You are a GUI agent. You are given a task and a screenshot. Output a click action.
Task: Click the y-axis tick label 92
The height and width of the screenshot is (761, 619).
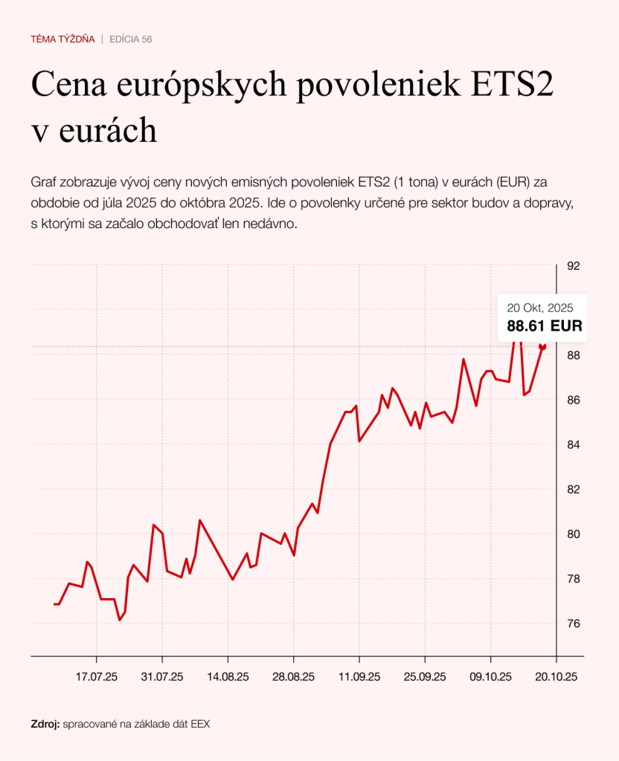(574, 266)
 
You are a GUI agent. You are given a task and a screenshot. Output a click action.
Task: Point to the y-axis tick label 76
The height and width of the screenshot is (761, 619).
(574, 624)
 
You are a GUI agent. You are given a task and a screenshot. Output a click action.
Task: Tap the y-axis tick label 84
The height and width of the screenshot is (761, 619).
(574, 444)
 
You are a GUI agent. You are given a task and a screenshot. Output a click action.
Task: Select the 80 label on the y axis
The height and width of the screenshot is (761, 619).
(574, 534)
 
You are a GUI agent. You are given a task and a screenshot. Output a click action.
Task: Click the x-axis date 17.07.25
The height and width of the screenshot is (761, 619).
(97, 677)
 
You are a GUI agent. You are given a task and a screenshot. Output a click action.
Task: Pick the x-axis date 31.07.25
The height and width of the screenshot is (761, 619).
(162, 677)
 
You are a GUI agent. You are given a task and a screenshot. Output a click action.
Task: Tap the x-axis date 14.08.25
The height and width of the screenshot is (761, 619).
(228, 677)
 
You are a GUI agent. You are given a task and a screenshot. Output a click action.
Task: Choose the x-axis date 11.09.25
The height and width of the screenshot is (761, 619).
(359, 677)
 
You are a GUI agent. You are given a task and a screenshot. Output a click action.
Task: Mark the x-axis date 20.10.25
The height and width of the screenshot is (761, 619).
(557, 677)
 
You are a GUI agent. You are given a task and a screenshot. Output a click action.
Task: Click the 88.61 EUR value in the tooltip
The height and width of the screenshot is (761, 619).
(545, 326)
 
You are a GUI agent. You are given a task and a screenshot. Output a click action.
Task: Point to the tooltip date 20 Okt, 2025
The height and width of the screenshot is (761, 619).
(539, 308)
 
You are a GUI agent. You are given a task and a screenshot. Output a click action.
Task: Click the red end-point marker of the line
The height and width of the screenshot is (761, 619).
(542, 347)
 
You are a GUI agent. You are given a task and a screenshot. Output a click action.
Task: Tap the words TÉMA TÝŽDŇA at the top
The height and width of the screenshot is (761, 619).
(62, 39)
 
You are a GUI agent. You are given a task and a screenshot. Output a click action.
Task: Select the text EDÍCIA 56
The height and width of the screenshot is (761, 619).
(131, 39)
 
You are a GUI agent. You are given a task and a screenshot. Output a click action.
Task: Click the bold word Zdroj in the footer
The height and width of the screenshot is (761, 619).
(45, 723)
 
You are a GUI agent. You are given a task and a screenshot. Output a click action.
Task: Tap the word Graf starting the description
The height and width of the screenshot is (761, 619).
(44, 182)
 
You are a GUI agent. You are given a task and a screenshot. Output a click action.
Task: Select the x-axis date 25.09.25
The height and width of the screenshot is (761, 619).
(425, 677)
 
